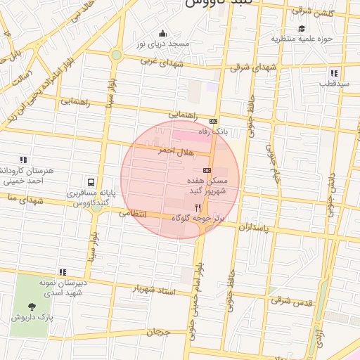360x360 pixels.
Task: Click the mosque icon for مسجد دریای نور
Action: coord(163,33)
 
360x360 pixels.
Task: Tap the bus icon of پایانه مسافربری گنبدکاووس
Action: coord(90,181)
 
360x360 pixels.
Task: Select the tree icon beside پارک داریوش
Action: coord(32,306)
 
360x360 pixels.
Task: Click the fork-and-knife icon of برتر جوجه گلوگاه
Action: coord(198,207)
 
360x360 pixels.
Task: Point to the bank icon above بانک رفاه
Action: coord(214,121)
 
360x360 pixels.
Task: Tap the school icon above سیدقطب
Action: coord(334,73)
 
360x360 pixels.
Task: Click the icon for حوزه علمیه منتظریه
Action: coord(302,29)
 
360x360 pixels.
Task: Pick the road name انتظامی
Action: coord(132,212)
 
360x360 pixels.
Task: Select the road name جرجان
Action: coord(159,332)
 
